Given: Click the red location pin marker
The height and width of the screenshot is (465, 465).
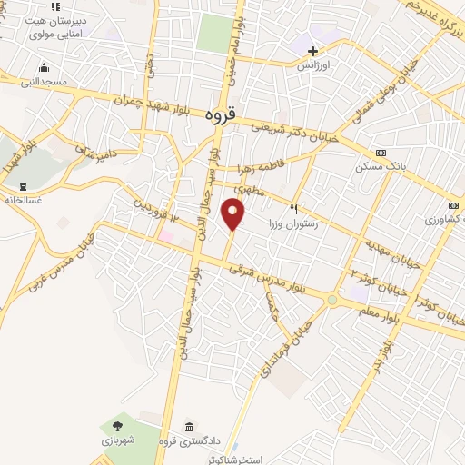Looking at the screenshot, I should point(233,214).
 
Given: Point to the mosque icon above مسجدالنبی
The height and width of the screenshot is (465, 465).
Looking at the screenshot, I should point(43,67).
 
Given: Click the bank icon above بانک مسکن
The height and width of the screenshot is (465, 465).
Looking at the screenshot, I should point(380,153).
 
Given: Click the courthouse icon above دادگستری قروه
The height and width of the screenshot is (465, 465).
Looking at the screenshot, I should point(188,428).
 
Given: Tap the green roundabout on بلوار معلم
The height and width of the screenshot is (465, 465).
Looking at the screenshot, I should point(332,300).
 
